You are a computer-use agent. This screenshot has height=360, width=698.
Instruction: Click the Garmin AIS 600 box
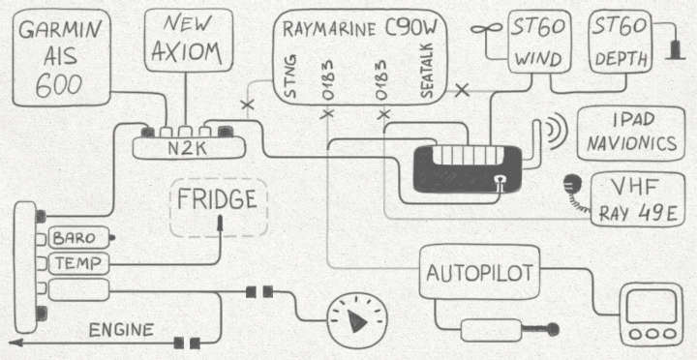point(61,57)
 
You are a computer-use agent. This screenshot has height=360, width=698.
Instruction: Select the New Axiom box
point(189,40)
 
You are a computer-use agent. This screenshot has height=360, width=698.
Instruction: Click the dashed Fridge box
point(219,207)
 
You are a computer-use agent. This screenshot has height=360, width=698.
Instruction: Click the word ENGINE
point(122,330)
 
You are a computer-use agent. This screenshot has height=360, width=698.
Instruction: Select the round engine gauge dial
point(357,320)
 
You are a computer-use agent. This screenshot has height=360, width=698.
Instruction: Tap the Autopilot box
point(480,271)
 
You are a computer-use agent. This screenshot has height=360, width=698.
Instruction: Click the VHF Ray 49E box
point(637,199)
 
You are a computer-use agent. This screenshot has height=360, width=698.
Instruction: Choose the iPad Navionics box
point(631,133)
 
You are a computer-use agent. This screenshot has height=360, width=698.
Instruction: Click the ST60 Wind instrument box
point(537,41)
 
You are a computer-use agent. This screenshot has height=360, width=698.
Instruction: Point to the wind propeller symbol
point(485,31)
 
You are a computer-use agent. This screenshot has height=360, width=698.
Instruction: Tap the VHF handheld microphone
point(570,183)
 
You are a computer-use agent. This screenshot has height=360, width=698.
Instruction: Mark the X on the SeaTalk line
point(463,90)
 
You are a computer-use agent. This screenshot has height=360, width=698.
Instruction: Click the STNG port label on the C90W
point(290,76)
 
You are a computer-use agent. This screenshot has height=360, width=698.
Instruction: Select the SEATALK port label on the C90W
point(426,71)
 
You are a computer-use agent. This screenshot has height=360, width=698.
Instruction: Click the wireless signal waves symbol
point(554,130)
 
